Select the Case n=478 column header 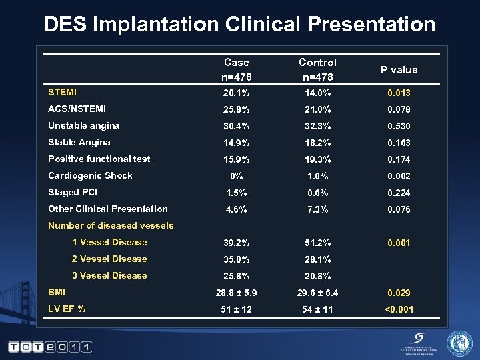tap(236, 69)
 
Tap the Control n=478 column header tap(317, 69)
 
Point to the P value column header tap(399, 70)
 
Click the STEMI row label tap(62, 92)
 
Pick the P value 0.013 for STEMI tap(399, 93)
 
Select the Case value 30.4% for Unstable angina tap(236, 126)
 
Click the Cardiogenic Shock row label tap(90, 175)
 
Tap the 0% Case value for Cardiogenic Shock tap(236, 176)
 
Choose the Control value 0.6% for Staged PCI tap(317, 193)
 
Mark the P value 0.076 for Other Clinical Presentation tap(399, 209)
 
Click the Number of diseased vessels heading tap(111, 225)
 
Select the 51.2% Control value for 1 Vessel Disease tap(317, 243)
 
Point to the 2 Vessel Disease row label tap(109, 259)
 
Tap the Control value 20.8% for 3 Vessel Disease tap(317, 276)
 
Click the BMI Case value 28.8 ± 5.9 tap(236, 293)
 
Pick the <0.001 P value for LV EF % tap(399, 309)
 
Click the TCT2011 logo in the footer tap(49, 347)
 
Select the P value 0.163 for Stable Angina tap(399, 143)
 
